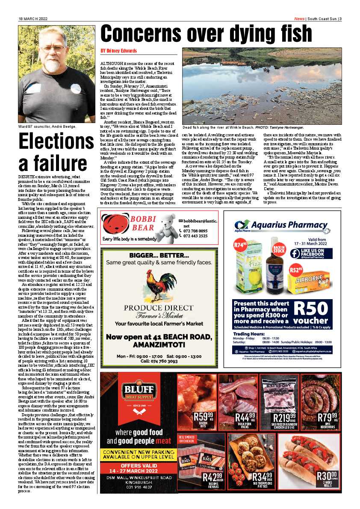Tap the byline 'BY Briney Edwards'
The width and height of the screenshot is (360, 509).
[119, 51]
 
